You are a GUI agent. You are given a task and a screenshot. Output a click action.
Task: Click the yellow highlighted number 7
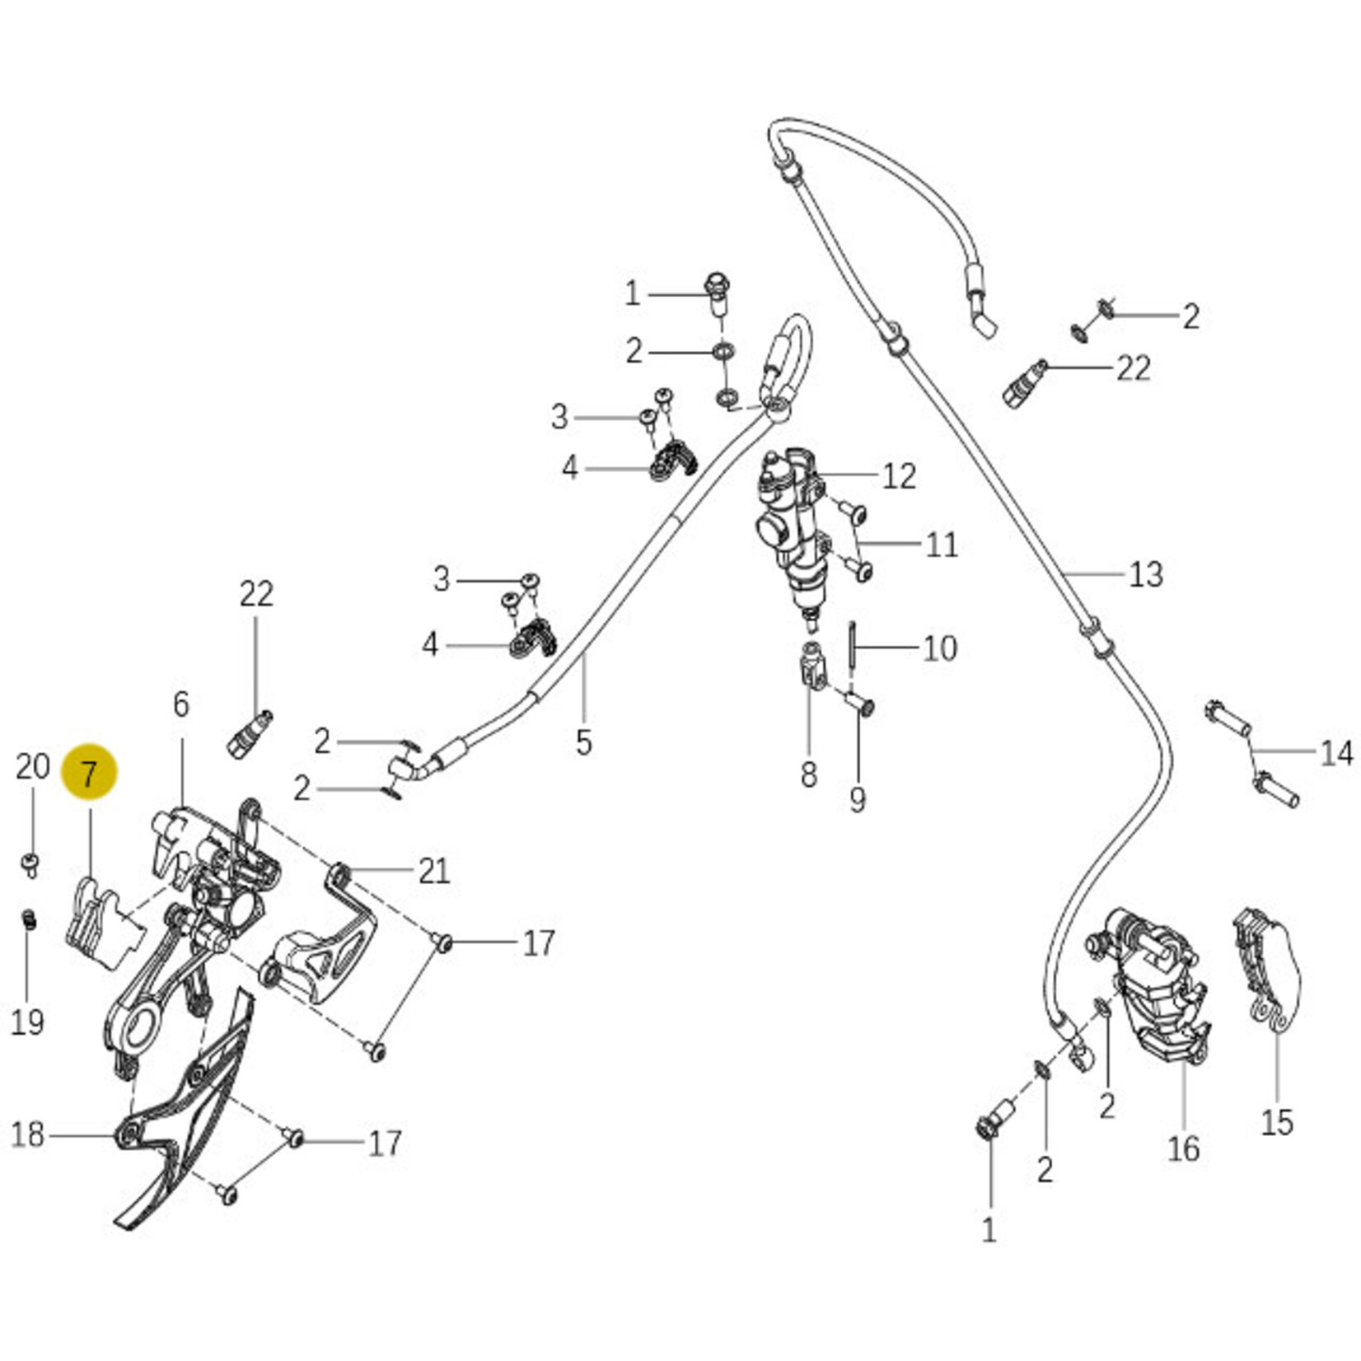click(89, 773)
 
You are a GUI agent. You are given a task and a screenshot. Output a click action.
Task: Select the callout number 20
click(32, 767)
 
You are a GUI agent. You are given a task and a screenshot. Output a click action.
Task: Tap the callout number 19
click(27, 1022)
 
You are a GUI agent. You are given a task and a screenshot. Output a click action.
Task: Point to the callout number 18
click(27, 1134)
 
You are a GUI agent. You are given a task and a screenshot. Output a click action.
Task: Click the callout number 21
click(434, 871)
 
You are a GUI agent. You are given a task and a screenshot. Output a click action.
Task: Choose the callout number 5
click(583, 742)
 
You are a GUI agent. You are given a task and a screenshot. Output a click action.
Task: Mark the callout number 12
click(899, 476)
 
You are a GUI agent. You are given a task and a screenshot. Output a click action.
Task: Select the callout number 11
click(942, 545)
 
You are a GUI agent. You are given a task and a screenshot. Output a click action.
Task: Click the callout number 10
click(939, 648)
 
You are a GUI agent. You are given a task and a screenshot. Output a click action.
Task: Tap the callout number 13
click(1145, 573)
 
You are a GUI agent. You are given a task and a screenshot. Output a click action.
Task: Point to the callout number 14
click(1336, 752)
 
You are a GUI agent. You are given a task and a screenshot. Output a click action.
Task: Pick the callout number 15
click(1277, 1122)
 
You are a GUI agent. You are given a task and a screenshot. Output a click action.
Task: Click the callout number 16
click(1183, 1148)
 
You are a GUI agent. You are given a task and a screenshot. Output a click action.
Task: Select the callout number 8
click(808, 774)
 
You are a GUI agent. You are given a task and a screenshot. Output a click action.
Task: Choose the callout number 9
click(858, 798)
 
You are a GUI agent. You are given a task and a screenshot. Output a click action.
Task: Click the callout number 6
click(181, 704)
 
